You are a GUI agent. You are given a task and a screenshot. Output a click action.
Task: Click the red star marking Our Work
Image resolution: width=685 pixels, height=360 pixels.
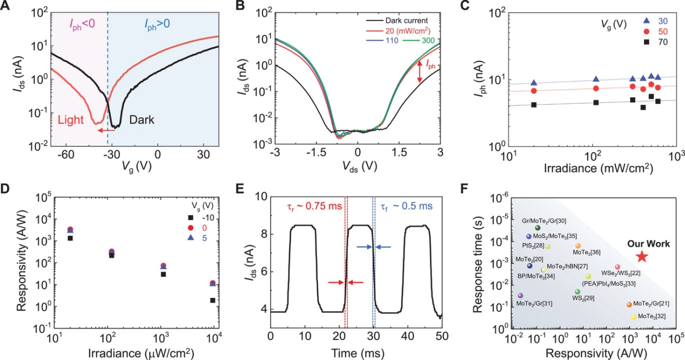pos(641,257)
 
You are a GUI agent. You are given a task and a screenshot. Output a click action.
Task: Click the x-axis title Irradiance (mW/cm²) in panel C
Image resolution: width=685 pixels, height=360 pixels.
pos(593,168)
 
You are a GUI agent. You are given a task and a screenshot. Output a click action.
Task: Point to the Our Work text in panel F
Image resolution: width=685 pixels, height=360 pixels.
pos(648,244)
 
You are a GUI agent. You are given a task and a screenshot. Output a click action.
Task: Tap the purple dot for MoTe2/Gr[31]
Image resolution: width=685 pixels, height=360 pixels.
pos(521,296)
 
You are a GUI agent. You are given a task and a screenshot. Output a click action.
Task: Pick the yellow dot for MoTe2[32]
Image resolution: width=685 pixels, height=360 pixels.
pos(633,317)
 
